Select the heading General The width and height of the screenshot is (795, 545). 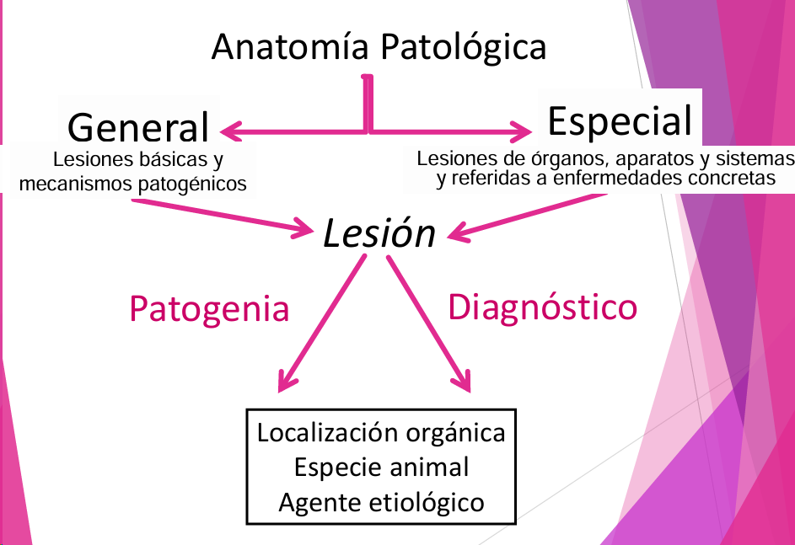tap(137, 128)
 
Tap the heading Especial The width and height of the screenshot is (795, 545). tap(620, 120)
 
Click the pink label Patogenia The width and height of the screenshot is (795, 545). tap(209, 309)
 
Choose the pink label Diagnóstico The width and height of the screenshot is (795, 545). tap(542, 307)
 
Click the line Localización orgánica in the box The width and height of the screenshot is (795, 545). tap(381, 432)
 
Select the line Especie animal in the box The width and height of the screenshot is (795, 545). tap(381, 467)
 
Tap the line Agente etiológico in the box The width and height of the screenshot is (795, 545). tap(381, 502)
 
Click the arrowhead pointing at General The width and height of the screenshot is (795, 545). tap(229, 131)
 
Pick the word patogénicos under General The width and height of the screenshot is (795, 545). tap(191, 183)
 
